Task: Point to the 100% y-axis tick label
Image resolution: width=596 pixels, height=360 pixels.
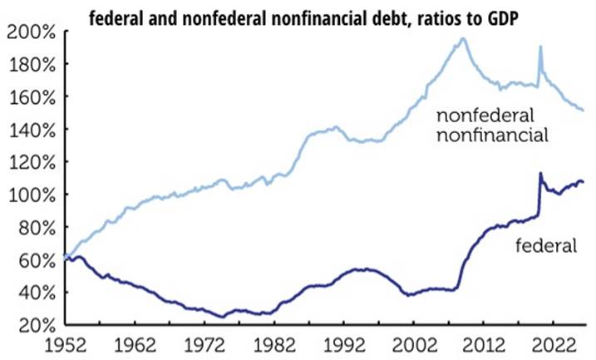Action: (32, 195)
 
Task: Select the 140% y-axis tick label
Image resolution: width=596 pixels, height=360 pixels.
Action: (32, 130)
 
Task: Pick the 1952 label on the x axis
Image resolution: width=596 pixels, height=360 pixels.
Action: (66, 346)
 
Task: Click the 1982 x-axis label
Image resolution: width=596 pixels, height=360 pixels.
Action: (274, 346)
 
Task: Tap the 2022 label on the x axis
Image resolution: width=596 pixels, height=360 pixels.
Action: (553, 346)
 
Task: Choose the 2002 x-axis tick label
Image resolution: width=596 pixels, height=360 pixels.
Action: (414, 346)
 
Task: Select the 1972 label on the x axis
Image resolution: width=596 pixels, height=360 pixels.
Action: (204, 346)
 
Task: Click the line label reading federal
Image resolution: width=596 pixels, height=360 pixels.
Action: (546, 245)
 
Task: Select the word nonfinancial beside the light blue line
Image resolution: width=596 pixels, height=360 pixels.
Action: (492, 135)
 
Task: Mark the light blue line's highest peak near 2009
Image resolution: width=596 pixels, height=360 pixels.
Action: (462, 38)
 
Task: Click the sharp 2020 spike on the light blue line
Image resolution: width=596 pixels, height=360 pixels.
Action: (540, 47)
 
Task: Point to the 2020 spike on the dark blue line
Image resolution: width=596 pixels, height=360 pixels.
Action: (540, 174)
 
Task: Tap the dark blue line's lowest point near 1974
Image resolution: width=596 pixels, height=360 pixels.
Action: (223, 316)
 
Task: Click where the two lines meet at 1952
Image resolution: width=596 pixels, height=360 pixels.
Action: (66, 257)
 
